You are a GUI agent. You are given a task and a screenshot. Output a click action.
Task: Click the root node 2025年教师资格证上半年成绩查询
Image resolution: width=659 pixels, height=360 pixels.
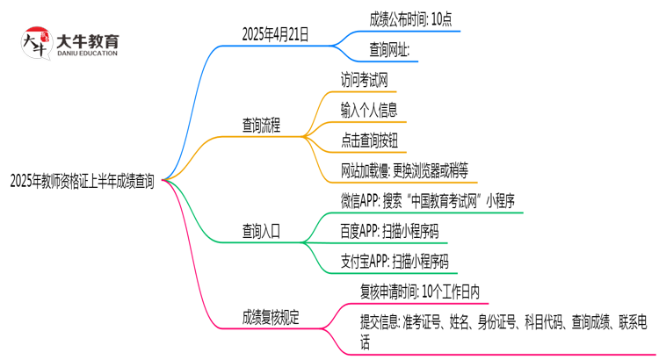click(x=82, y=182)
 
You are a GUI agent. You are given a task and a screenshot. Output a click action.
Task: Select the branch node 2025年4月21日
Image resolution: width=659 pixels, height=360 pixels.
click(x=275, y=35)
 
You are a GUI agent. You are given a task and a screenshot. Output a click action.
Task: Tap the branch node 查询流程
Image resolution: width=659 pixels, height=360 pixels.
click(x=261, y=126)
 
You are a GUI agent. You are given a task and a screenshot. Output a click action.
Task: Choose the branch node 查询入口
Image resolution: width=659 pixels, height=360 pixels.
click(x=261, y=232)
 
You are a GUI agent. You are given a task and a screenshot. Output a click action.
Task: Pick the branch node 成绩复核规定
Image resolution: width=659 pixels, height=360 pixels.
click(x=271, y=318)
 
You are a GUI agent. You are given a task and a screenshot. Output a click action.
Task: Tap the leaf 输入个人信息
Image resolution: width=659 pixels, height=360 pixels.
click(x=369, y=110)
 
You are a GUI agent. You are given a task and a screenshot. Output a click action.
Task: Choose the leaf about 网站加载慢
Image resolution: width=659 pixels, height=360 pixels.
click(x=404, y=170)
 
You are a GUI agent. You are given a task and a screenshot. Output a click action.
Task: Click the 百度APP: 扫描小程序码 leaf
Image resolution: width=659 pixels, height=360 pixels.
click(x=389, y=232)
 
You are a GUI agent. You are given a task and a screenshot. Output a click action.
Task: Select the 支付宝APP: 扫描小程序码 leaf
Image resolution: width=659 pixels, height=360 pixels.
click(x=395, y=262)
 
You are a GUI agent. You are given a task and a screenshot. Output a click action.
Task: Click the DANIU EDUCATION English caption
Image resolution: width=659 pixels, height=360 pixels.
click(x=86, y=54)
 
